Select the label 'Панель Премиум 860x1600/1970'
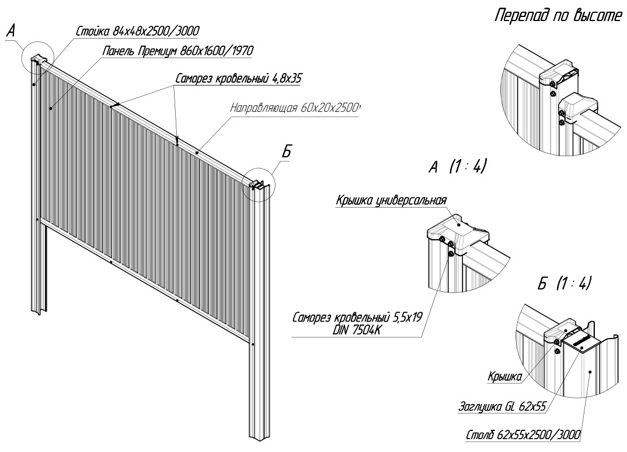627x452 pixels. (177, 51)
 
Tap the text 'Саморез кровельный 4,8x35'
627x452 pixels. (237, 78)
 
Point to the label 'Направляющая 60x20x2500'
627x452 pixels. (295, 108)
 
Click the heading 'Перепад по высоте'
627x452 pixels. (558, 16)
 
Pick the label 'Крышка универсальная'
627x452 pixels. (391, 201)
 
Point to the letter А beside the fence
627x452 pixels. (11, 33)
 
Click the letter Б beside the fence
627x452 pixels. (286, 152)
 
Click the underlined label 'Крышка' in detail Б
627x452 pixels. (504, 378)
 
